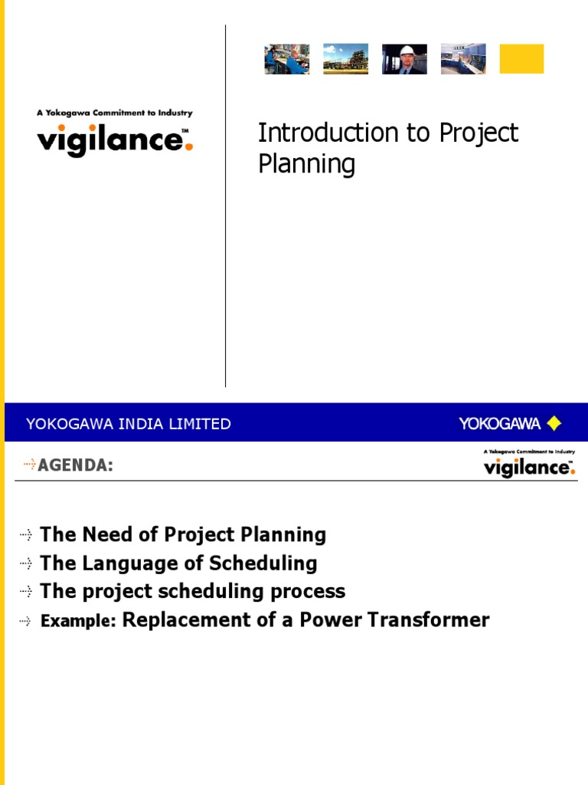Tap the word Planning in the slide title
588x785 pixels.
(x=306, y=165)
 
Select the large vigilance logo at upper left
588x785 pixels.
(x=115, y=141)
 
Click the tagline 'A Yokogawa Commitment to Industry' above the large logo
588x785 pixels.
(x=115, y=113)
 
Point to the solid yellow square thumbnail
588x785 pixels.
(x=521, y=59)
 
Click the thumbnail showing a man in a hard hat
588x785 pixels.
(x=404, y=59)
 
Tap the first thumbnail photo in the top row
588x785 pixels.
(x=287, y=59)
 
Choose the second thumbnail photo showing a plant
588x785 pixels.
(x=345, y=59)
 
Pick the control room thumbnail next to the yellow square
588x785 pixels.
(x=462, y=59)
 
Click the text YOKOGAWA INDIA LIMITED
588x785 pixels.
(x=129, y=424)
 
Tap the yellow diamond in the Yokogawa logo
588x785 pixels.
(x=554, y=423)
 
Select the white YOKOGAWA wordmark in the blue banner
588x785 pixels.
(x=499, y=423)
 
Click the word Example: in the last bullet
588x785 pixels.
(x=78, y=622)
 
